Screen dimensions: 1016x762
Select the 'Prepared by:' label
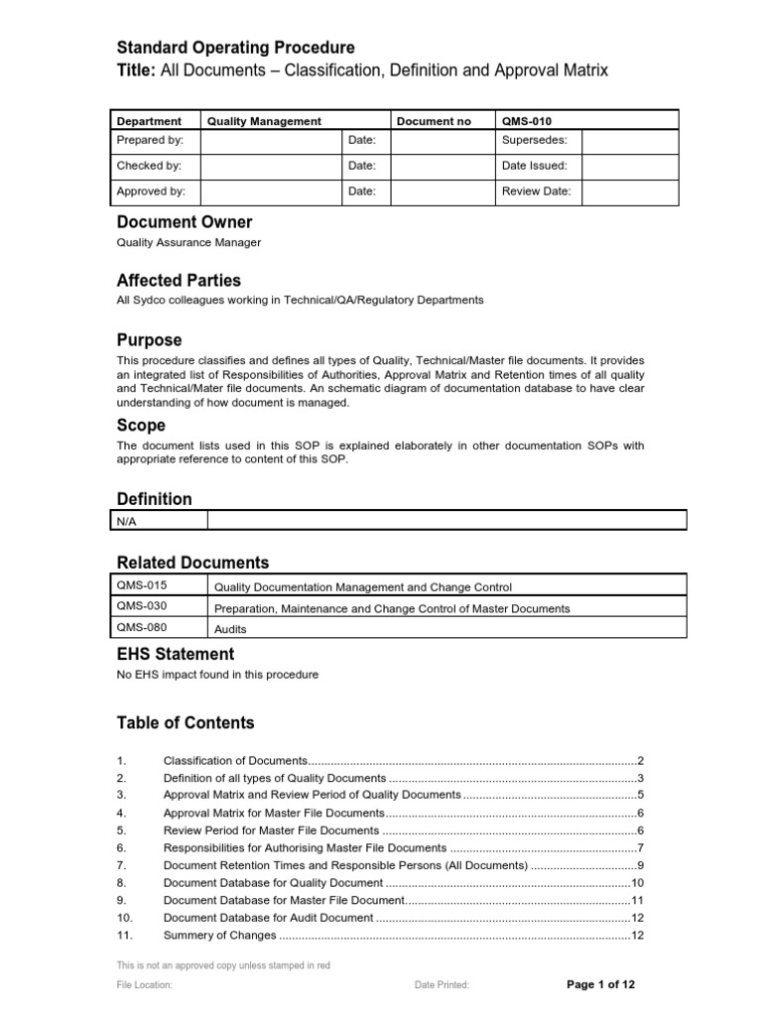151,141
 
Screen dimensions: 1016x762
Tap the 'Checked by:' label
150,166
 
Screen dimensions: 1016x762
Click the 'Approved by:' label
152,191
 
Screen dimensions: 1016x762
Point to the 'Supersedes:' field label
535,141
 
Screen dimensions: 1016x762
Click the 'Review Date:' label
537,191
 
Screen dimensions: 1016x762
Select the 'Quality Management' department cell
264,121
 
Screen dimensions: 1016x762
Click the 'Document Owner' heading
185,222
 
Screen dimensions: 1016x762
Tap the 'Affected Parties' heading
179,281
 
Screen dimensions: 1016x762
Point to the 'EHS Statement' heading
176,654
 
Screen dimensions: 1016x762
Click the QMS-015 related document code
135,586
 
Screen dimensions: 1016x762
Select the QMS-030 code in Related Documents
135,607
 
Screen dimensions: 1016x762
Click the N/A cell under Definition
127,521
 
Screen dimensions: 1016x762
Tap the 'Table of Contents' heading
186,722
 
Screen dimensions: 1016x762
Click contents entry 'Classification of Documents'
235,759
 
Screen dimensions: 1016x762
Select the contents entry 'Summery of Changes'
217,936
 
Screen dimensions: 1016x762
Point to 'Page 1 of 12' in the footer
600,984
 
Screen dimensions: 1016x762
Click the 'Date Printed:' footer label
442,985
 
